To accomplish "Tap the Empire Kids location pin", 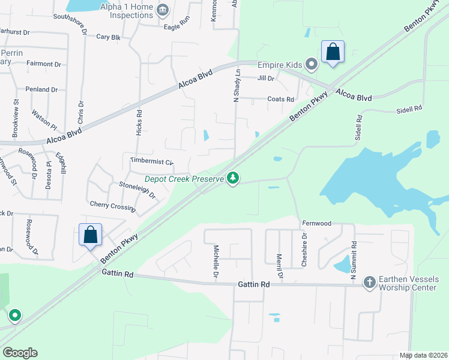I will (311, 64).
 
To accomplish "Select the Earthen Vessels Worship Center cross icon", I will (369, 281).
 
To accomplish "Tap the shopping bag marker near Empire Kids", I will (333, 53).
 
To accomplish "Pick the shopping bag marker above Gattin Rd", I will (90, 235).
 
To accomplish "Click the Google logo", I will (20, 353).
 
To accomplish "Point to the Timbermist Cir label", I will (151, 162).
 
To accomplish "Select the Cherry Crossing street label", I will (112, 206).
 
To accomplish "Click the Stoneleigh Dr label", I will (137, 190).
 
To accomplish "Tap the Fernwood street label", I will (316, 223).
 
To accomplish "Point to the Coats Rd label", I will (281, 100).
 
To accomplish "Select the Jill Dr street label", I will (265, 79).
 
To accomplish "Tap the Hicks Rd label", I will (139, 121).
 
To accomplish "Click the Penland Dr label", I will (41, 89).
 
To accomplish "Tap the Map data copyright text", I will (423, 355).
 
